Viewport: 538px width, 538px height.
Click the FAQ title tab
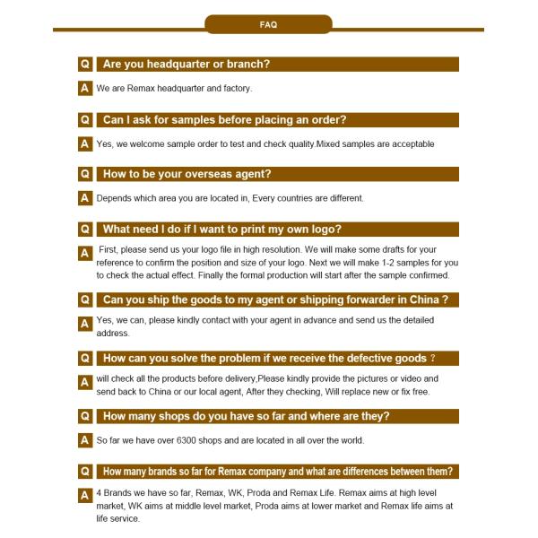coord(268,24)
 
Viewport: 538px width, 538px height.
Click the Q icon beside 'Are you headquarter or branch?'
coord(85,65)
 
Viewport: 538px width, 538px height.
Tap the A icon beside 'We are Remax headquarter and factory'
coord(85,89)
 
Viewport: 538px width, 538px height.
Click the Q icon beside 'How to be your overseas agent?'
coord(85,174)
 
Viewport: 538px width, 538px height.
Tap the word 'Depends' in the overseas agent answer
coord(114,198)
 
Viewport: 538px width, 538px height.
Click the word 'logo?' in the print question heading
coord(324,229)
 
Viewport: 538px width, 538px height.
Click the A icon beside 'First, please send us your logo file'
coord(85,254)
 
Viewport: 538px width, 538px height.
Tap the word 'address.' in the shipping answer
coord(113,333)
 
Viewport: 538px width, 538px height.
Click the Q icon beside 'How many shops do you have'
coord(85,416)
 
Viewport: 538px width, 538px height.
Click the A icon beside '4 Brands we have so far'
coord(85,495)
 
